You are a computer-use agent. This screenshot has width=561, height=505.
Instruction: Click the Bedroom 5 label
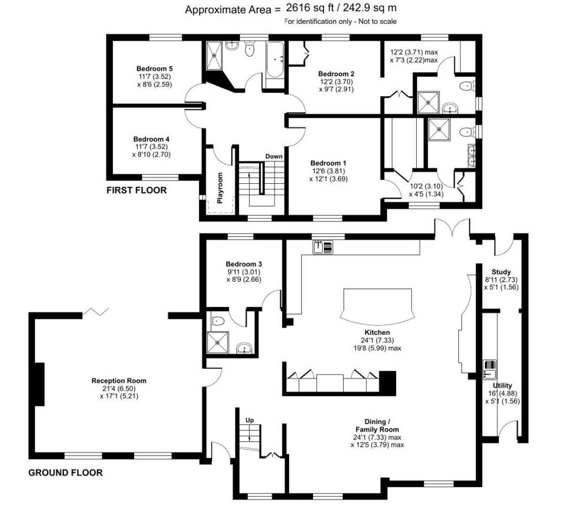tap(155, 68)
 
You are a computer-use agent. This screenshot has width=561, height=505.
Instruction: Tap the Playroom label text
tap(221, 188)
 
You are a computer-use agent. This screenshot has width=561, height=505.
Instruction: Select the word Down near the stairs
tap(273, 156)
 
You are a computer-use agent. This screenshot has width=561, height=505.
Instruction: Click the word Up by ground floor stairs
tap(249, 420)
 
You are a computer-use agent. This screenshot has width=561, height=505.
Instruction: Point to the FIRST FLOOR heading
tap(137, 190)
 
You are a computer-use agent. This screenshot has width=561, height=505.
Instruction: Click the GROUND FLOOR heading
tap(65, 473)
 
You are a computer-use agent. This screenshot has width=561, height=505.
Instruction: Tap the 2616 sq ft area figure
tap(310, 8)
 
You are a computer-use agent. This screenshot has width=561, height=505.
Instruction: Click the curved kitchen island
tap(377, 305)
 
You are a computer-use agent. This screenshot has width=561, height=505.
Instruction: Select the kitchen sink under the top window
tap(323, 247)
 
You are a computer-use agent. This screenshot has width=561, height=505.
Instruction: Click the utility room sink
tap(490, 370)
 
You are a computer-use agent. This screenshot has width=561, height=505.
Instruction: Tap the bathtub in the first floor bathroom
tap(275, 59)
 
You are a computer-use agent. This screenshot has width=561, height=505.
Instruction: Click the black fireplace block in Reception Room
tap(39, 384)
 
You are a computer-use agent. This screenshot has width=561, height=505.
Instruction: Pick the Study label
tap(501, 272)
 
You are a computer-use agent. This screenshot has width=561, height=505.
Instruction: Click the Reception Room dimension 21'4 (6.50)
tap(119, 389)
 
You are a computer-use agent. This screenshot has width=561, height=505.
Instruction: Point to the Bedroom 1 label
tap(328, 163)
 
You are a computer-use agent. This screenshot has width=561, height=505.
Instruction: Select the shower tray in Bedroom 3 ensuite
tap(218, 342)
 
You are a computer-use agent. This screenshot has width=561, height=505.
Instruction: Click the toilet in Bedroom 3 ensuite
tap(217, 321)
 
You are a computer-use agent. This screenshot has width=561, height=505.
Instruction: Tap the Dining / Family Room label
tap(377, 426)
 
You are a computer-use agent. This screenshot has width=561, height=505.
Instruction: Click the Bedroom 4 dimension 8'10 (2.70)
tap(151, 155)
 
